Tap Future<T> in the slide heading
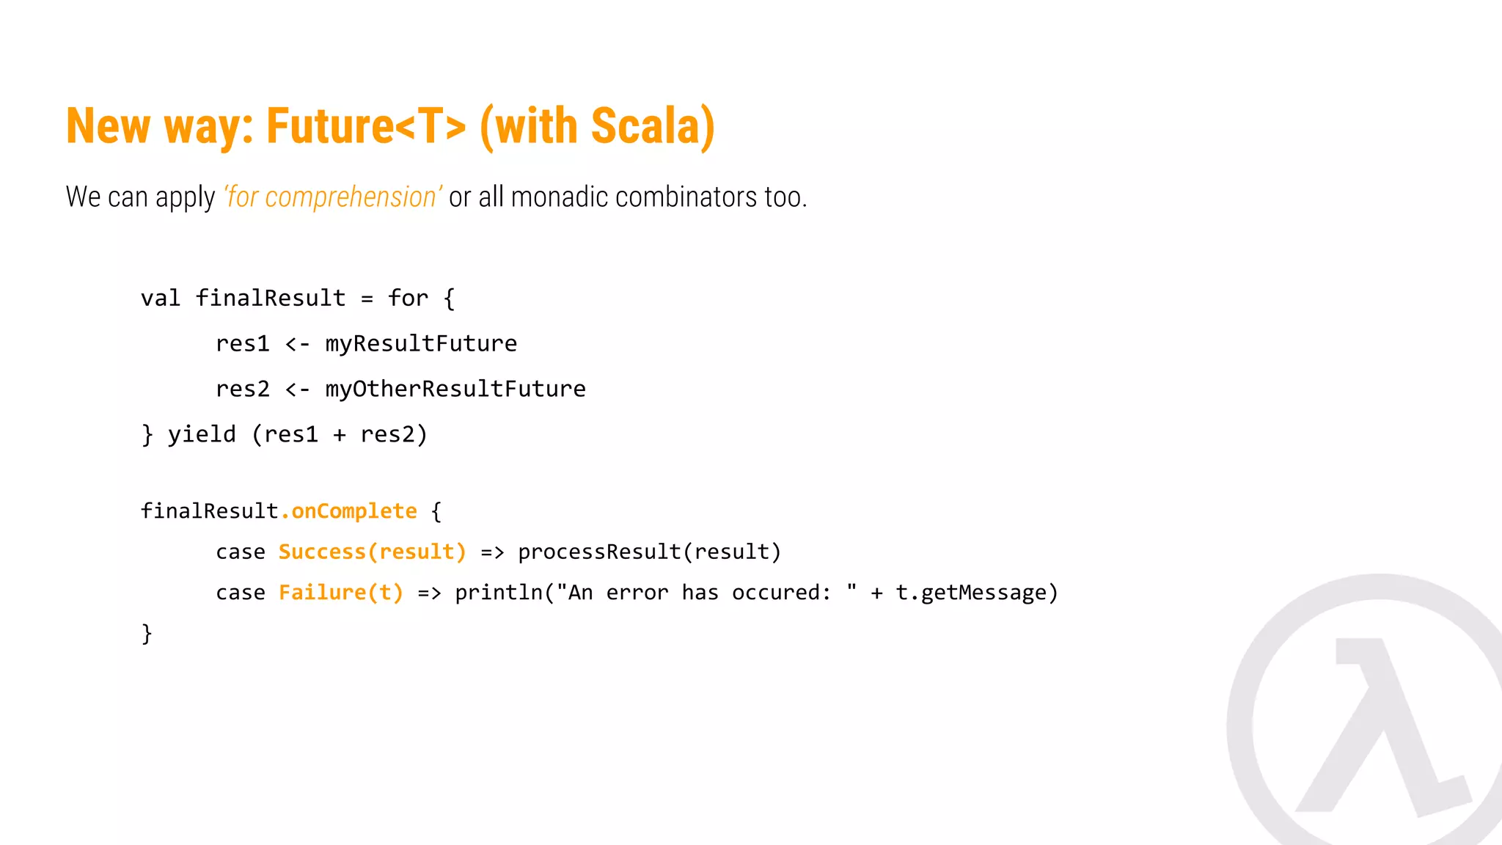[366, 126]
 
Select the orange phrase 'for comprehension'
[332, 197]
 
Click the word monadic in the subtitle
[559, 197]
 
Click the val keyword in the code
[161, 299]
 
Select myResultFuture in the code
[421, 344]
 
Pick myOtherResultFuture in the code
[455, 389]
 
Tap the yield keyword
[202, 435]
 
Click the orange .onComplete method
[349, 511]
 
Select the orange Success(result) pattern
[373, 552]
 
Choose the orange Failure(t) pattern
[341, 593]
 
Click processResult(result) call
[650, 552]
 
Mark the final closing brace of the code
[147, 633]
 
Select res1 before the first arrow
[243, 344]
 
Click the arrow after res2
[298, 389]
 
